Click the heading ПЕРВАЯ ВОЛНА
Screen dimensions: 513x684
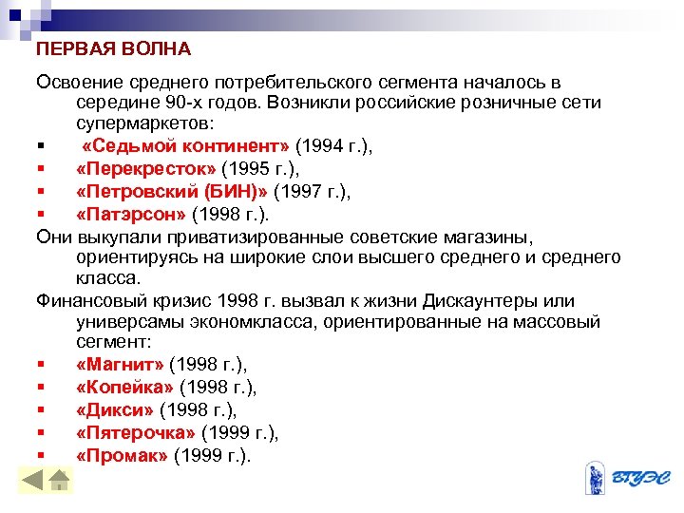(114, 47)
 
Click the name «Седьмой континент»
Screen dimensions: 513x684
(186, 146)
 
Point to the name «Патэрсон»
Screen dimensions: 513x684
(131, 213)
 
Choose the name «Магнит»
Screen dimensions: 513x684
(119, 364)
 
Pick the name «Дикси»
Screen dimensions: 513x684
(114, 409)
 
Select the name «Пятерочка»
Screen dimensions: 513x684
(136, 432)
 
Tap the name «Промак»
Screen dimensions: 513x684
(122, 455)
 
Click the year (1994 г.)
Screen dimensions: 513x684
(333, 146)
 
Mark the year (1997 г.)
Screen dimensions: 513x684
(312, 191)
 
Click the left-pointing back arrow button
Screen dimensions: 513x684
(33, 481)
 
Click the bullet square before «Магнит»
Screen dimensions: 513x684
(42, 365)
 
